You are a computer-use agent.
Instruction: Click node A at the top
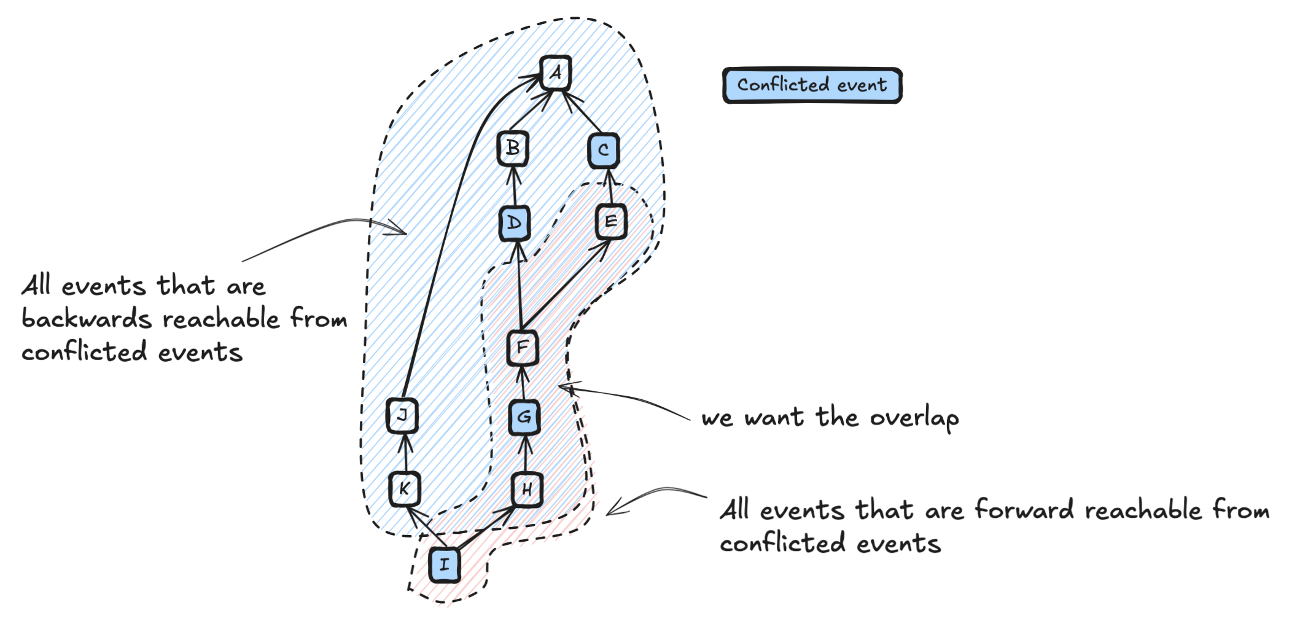click(x=556, y=73)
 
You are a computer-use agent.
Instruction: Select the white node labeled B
click(x=513, y=148)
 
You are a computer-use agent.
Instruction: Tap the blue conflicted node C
click(x=603, y=150)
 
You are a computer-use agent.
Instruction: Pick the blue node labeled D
click(x=515, y=222)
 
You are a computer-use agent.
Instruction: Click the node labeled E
click(x=611, y=222)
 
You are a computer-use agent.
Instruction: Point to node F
click(x=523, y=348)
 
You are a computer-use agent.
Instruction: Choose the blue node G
click(x=524, y=417)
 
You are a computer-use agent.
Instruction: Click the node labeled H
click(x=527, y=490)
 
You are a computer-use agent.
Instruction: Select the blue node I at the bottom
click(x=445, y=565)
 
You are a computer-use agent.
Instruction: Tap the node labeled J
click(x=402, y=415)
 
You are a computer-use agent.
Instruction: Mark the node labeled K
click(x=405, y=489)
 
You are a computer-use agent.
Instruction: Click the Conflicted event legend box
click(x=812, y=85)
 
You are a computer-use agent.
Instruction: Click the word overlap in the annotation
click(x=914, y=419)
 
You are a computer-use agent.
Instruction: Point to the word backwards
click(x=87, y=319)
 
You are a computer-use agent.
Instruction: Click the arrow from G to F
click(x=523, y=382)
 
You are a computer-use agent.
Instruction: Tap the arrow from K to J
click(x=404, y=452)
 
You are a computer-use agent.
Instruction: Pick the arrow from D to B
click(x=514, y=186)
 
